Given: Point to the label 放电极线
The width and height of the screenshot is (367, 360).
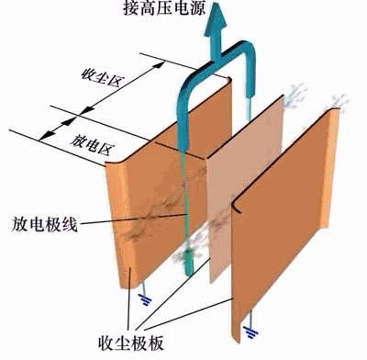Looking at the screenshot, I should coord(42,223).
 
